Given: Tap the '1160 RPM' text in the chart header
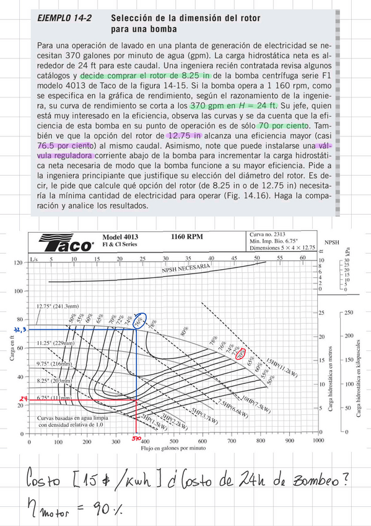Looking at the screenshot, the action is (x=190, y=236).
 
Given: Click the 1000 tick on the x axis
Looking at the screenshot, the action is (x=317, y=442).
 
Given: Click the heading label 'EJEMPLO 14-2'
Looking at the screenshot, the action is (x=65, y=19).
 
